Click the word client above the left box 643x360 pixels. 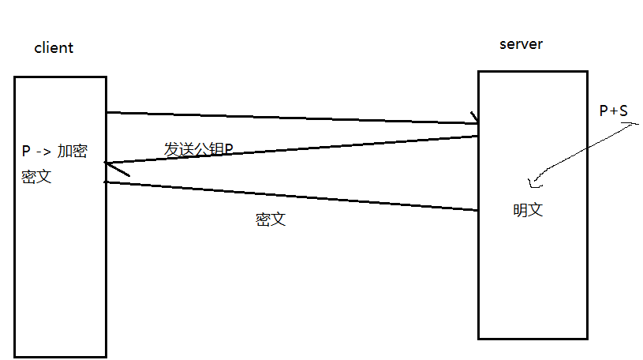(x=53, y=48)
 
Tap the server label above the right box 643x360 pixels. (x=521, y=44)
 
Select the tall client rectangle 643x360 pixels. (x=60, y=261)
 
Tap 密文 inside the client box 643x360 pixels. (x=36, y=177)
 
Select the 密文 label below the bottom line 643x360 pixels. (x=270, y=219)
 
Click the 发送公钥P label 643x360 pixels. (x=197, y=149)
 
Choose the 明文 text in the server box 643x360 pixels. (x=528, y=211)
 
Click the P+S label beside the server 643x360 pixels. (x=613, y=111)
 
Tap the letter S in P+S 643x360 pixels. (x=623, y=111)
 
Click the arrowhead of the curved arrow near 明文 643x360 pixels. (x=533, y=184)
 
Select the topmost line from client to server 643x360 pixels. (x=292, y=118)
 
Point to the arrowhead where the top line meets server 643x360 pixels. (x=475, y=120)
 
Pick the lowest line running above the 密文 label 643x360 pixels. (x=292, y=197)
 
